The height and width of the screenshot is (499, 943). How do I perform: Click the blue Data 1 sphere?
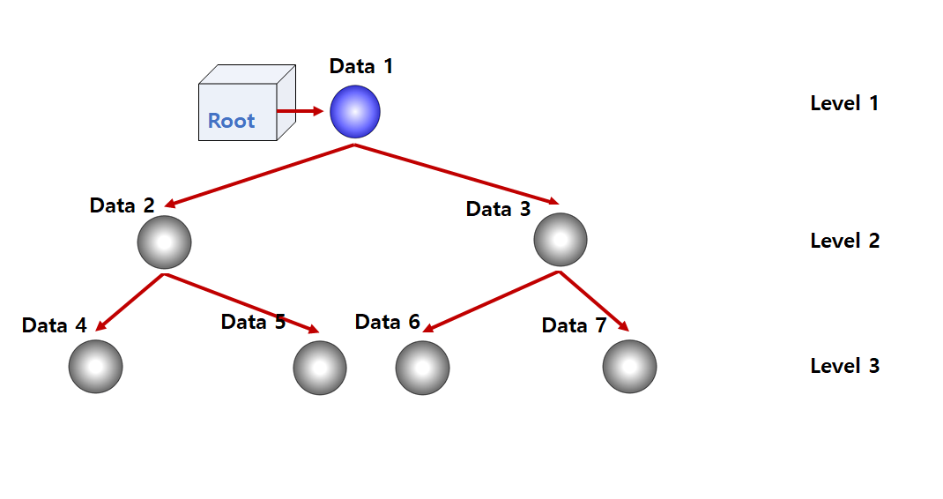tap(355, 112)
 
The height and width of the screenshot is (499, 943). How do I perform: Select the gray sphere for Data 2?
tap(164, 242)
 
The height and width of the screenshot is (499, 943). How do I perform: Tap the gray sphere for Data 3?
tap(561, 239)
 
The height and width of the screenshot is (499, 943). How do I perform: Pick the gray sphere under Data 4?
tap(95, 366)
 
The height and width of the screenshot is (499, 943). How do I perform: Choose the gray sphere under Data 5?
tap(320, 368)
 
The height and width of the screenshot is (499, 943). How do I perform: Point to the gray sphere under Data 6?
tap(422, 368)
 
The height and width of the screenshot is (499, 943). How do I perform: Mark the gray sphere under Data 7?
tap(629, 366)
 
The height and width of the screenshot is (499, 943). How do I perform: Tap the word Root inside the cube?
tap(231, 121)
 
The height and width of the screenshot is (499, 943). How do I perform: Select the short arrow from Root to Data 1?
tap(301, 111)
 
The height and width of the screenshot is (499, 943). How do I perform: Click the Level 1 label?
tap(844, 103)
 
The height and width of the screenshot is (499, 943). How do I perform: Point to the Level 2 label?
tap(844, 241)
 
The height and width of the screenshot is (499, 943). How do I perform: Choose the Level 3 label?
tap(844, 366)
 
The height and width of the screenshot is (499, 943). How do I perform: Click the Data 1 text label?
tap(361, 66)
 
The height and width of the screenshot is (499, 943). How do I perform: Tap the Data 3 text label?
tap(499, 209)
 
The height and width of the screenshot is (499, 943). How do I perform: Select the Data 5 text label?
tap(253, 322)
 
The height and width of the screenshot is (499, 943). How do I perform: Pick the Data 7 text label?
tap(574, 325)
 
